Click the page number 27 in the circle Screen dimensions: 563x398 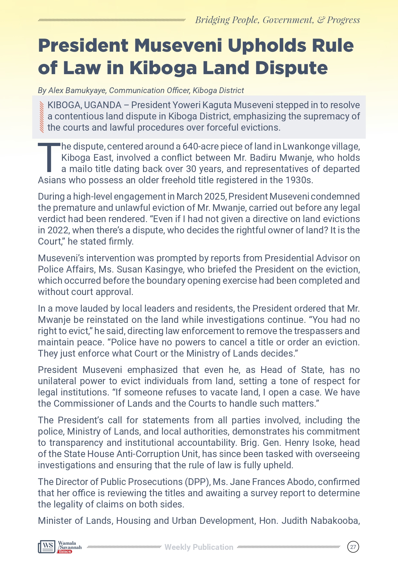[353, 547]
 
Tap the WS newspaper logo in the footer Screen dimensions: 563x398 [47, 547]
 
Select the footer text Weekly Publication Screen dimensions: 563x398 [199, 547]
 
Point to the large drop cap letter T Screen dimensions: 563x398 [49, 158]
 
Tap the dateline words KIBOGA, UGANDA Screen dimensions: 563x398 [84, 105]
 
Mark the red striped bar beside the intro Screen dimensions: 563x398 [41, 117]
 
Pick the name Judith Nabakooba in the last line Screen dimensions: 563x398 [320, 520]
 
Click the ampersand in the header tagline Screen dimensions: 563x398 [320, 20]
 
